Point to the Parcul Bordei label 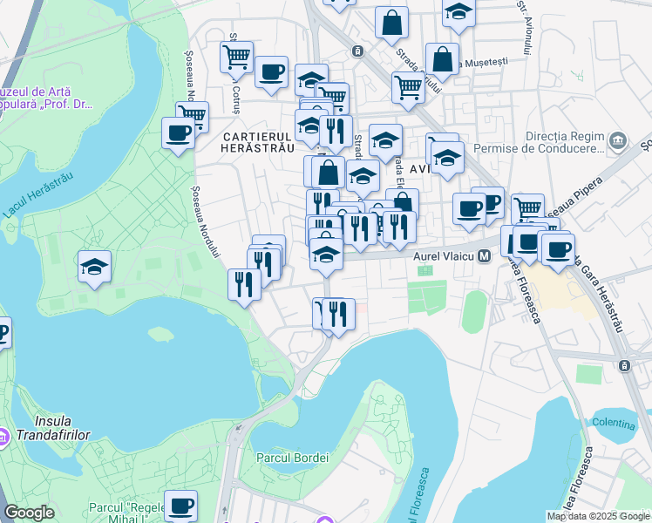click(x=292, y=458)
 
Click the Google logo click(x=29, y=513)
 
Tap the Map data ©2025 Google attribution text click(x=598, y=516)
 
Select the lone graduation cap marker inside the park click(x=94, y=267)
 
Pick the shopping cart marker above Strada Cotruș click(x=236, y=57)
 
